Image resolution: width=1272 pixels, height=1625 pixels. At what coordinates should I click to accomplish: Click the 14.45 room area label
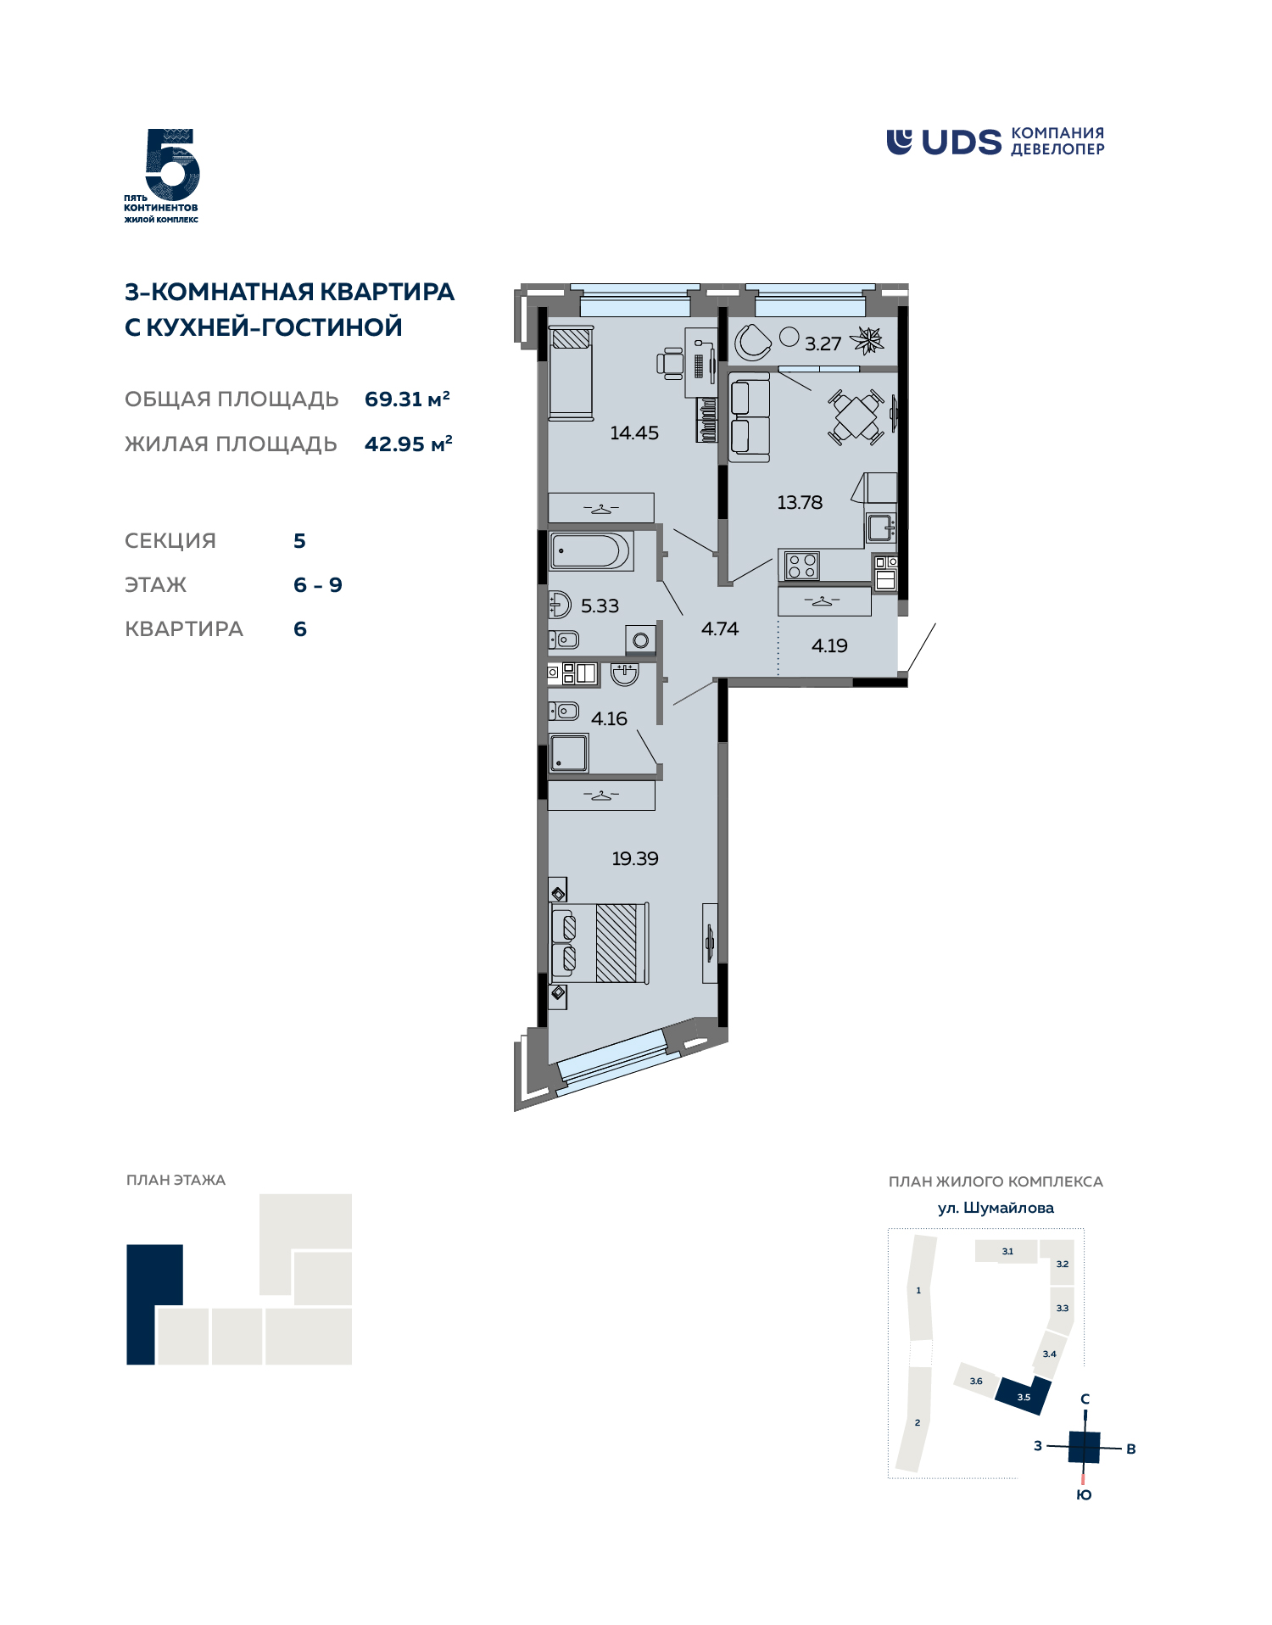(x=634, y=433)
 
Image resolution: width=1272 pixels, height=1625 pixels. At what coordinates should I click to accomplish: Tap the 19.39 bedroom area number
(x=635, y=858)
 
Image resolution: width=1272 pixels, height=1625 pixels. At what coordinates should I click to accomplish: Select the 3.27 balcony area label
(x=823, y=343)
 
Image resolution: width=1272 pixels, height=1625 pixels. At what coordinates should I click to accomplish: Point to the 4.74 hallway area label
(x=720, y=628)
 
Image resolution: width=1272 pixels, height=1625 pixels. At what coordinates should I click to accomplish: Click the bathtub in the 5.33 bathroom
(x=590, y=550)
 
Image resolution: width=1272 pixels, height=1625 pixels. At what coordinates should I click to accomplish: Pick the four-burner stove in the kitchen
(x=801, y=566)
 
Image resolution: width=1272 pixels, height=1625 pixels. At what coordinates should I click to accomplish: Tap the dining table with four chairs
(x=856, y=416)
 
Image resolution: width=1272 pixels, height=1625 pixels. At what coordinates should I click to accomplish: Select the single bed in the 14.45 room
(x=571, y=373)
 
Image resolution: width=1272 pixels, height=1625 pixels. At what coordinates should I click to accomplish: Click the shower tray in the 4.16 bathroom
(x=569, y=753)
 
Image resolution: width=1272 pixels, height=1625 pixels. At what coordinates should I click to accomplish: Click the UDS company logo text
(x=962, y=142)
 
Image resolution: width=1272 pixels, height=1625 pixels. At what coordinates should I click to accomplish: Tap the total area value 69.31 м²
(x=407, y=399)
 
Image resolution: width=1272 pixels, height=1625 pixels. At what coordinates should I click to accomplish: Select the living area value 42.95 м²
(x=409, y=444)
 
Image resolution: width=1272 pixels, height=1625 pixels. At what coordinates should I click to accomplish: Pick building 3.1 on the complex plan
(x=1007, y=1251)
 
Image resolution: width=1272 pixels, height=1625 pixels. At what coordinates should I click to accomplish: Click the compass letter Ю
(x=1084, y=1495)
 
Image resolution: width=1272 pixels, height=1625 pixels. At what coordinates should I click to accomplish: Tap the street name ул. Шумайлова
(x=996, y=1208)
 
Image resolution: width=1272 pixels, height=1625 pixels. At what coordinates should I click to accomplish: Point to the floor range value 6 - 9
(x=318, y=585)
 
